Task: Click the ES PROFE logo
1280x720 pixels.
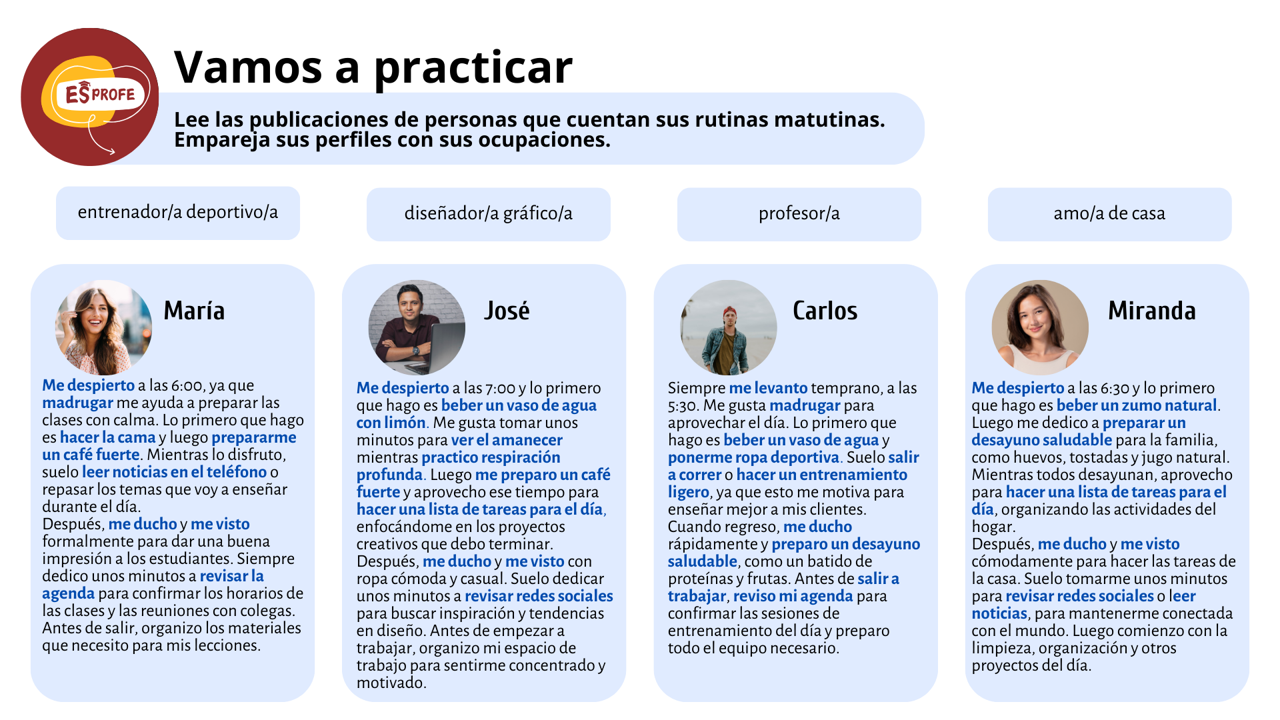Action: pos(90,97)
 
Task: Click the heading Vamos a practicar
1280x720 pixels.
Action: pos(373,67)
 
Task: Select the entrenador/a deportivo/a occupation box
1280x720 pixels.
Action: pos(178,213)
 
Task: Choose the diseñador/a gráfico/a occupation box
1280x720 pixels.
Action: pos(489,214)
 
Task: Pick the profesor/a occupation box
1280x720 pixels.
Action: pos(799,214)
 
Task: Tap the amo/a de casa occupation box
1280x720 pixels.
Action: pos(1110,214)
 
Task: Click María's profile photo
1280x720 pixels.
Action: pos(103,327)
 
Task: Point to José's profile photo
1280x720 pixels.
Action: pos(417,327)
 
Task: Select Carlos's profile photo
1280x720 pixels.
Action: pos(729,327)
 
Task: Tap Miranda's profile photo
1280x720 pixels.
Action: pos(1040,327)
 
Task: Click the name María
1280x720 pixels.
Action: pos(194,311)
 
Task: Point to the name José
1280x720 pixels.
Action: pos(507,311)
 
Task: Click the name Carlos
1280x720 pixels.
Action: pos(825,311)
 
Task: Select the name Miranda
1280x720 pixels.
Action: pos(1152,311)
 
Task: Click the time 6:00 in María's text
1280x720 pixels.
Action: pos(187,385)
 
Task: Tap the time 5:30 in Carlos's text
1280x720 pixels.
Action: pos(683,405)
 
